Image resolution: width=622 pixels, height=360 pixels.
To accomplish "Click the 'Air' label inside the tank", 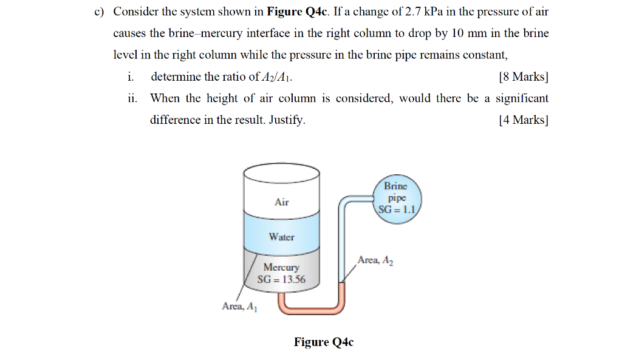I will click(x=281, y=202).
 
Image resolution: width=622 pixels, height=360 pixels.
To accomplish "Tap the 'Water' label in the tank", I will click(x=281, y=237).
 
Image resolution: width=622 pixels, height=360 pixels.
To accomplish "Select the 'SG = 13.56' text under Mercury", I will click(x=281, y=279).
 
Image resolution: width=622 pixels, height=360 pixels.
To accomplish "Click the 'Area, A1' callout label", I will click(x=239, y=307).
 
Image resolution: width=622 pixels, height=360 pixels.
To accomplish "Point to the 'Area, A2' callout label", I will click(x=375, y=260).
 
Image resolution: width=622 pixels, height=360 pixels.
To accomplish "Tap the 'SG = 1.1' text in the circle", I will click(x=396, y=210).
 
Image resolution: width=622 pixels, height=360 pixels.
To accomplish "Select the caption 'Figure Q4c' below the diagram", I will click(x=323, y=342).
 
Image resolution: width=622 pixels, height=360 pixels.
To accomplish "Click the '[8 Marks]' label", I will click(x=522, y=76).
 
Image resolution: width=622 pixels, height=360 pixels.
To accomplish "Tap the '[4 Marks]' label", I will click(x=522, y=120).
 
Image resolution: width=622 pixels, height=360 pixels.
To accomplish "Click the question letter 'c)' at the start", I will click(x=99, y=12).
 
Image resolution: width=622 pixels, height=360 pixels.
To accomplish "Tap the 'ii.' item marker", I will click(x=132, y=98).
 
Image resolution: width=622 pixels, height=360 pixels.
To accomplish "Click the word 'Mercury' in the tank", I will click(x=281, y=267).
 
